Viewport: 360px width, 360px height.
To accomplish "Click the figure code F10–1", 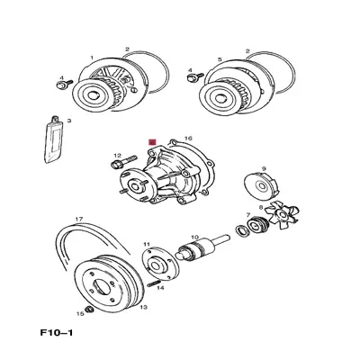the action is (56, 333).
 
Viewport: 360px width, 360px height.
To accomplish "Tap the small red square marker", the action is (152, 141).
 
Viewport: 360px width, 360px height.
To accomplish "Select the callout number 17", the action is (78, 220).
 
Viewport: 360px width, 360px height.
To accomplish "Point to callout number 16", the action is (188, 139).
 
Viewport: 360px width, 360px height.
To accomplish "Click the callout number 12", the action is (117, 156).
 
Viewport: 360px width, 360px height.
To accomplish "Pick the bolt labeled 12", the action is (123, 161).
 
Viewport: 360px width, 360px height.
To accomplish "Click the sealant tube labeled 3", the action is (54, 139).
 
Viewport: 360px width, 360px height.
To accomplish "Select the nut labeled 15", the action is (88, 309).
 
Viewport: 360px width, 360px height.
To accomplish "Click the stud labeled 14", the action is (156, 283).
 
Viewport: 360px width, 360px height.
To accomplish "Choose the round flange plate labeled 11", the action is (160, 264).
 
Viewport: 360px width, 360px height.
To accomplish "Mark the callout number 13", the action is (144, 307).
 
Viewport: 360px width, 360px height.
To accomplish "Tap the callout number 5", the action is (220, 59).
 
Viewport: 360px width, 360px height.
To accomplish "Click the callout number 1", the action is (92, 58).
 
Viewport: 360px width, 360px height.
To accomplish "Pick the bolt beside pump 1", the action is (65, 84).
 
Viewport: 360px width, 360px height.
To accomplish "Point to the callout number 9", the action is (264, 169).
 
